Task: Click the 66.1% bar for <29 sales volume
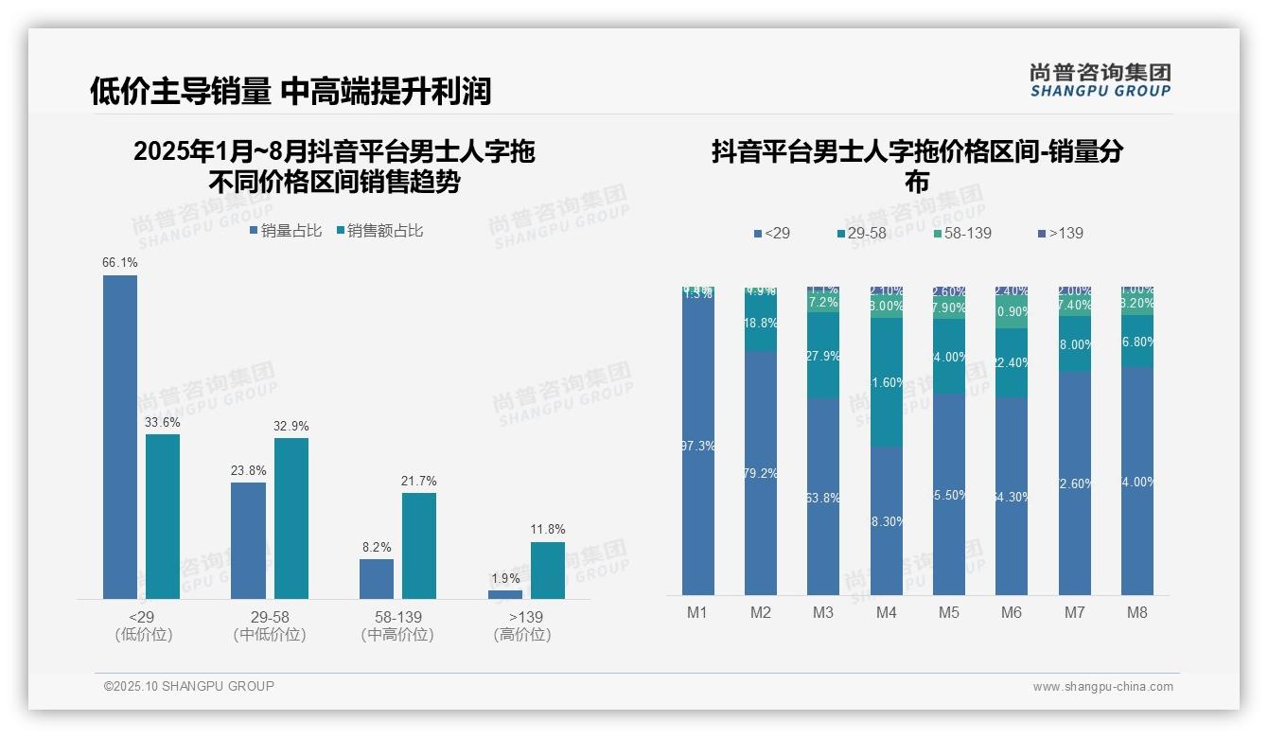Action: pos(120,436)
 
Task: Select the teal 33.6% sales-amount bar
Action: pos(163,516)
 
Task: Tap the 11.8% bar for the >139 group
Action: pos(548,570)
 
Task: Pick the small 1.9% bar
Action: pos(505,594)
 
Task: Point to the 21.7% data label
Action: pos(418,482)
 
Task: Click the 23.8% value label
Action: pos(248,470)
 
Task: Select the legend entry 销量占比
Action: pos(286,231)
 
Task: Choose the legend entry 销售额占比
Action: pos(379,231)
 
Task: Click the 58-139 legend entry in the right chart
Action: pos(962,233)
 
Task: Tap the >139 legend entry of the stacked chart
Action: pos(1061,233)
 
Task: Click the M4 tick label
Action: pos(886,612)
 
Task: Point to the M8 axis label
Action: pos(1137,612)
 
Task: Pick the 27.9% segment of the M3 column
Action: pos(823,356)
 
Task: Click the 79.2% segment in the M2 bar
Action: pos(761,473)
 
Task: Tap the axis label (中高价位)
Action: pos(397,635)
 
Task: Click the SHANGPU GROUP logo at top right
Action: pos(1100,80)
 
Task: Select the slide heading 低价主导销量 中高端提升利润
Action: pos(291,91)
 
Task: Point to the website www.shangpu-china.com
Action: pos(1102,687)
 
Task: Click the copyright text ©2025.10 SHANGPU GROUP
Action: pos(189,686)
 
